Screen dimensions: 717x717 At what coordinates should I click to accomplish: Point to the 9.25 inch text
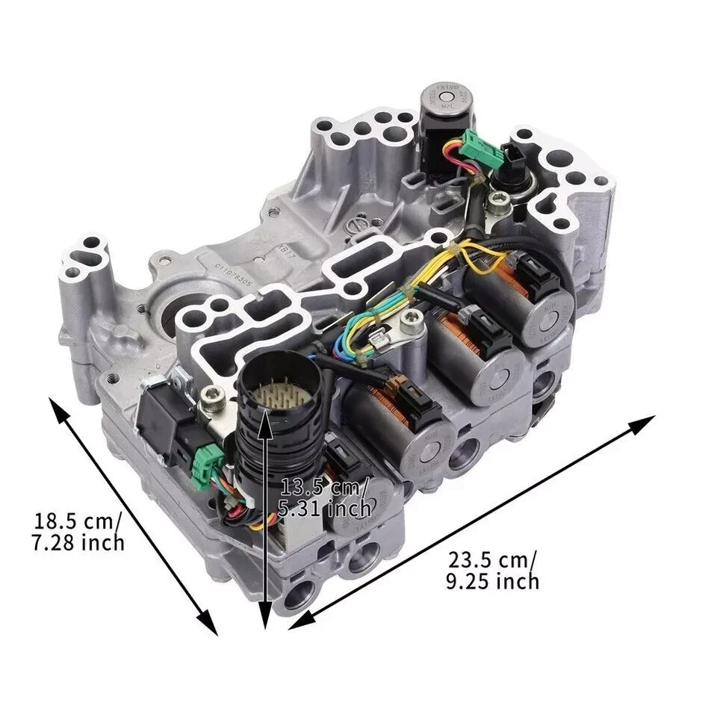[x=492, y=580]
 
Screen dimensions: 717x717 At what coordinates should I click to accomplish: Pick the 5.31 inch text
[x=326, y=509]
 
